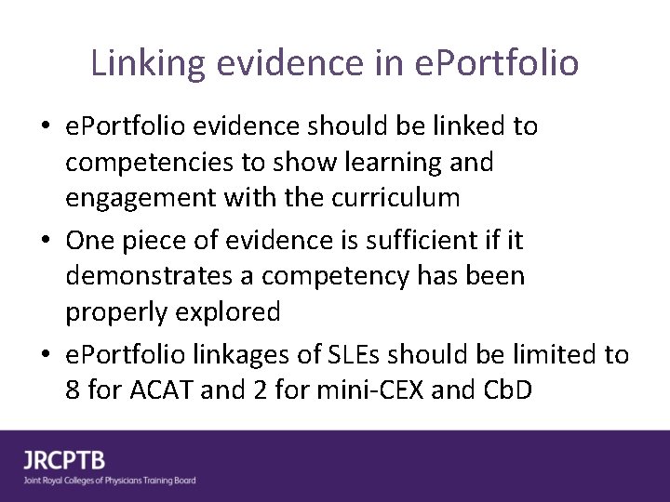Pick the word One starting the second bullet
[89, 241]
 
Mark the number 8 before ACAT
[74, 390]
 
